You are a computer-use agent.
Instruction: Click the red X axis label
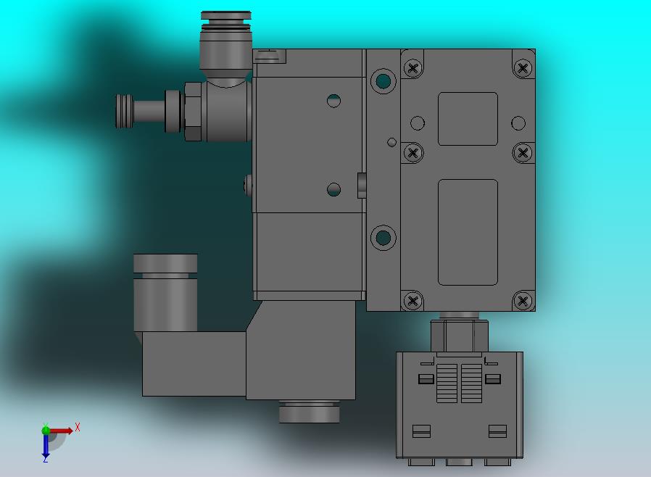click(78, 427)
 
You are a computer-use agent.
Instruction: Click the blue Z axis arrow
click(45, 446)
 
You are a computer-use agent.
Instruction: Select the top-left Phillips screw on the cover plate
click(412, 68)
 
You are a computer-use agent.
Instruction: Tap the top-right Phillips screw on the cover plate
click(523, 67)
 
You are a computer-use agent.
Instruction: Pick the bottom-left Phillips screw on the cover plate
click(412, 301)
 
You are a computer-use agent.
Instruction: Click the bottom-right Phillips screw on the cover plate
click(523, 301)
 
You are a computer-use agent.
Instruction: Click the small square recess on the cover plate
click(468, 119)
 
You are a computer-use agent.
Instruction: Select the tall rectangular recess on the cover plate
click(468, 233)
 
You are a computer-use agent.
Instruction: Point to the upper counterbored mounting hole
click(383, 81)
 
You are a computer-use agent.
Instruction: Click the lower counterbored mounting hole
click(383, 238)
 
